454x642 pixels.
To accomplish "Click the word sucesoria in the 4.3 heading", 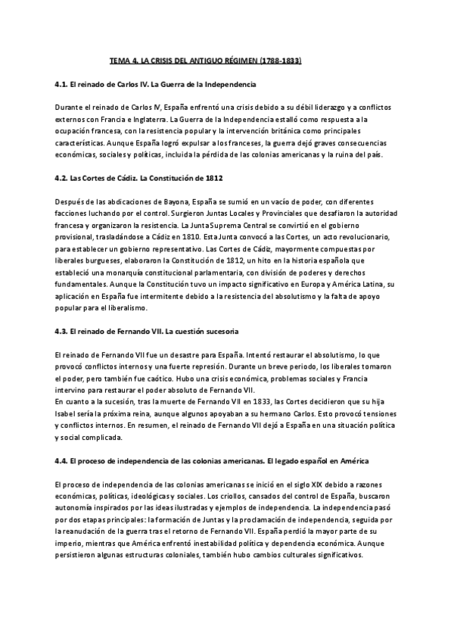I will (x=218, y=331).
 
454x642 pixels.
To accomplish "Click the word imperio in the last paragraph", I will (x=70, y=544).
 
